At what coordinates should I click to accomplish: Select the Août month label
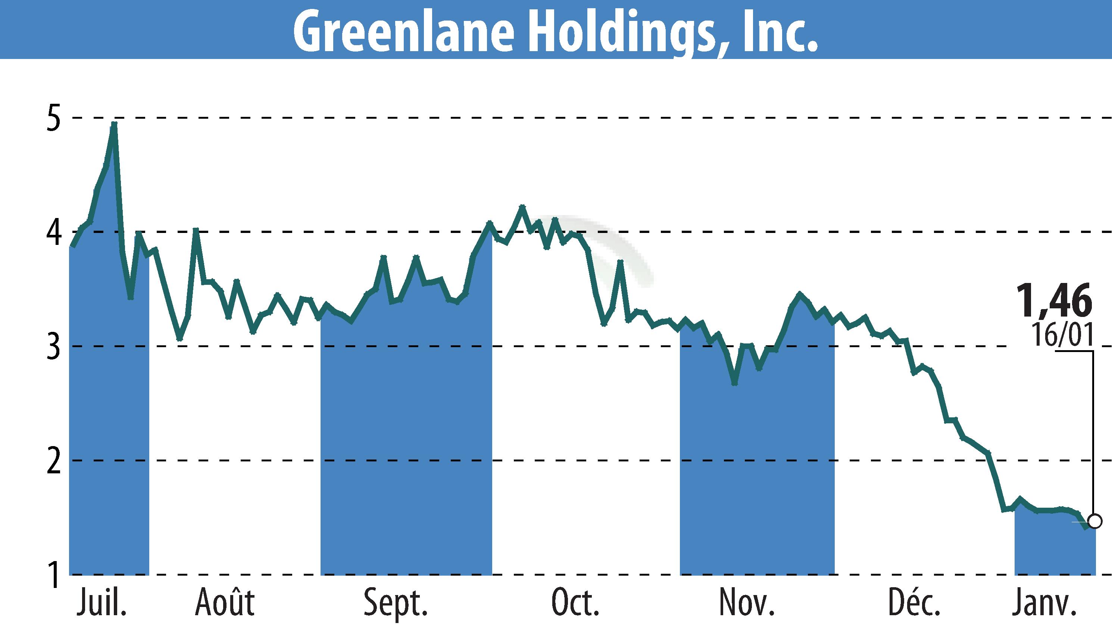(225, 603)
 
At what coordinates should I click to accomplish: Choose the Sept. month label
(396, 603)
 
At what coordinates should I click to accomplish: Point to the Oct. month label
(575, 603)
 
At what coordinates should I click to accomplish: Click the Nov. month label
(747, 603)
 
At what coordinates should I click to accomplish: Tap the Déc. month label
(914, 603)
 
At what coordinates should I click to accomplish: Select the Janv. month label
(1044, 603)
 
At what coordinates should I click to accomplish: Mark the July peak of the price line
(114, 124)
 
